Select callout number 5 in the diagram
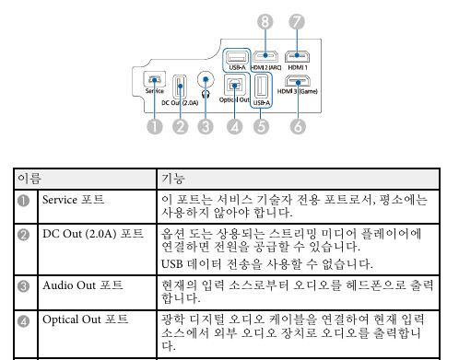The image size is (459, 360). pyautogui.click(x=262, y=127)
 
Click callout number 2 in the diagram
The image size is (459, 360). pyautogui.click(x=182, y=127)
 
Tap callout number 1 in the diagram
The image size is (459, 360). pyautogui.click(x=156, y=127)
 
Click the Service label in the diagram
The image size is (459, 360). pyautogui.click(x=155, y=92)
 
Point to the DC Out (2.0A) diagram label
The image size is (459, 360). pyautogui.click(x=180, y=103)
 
